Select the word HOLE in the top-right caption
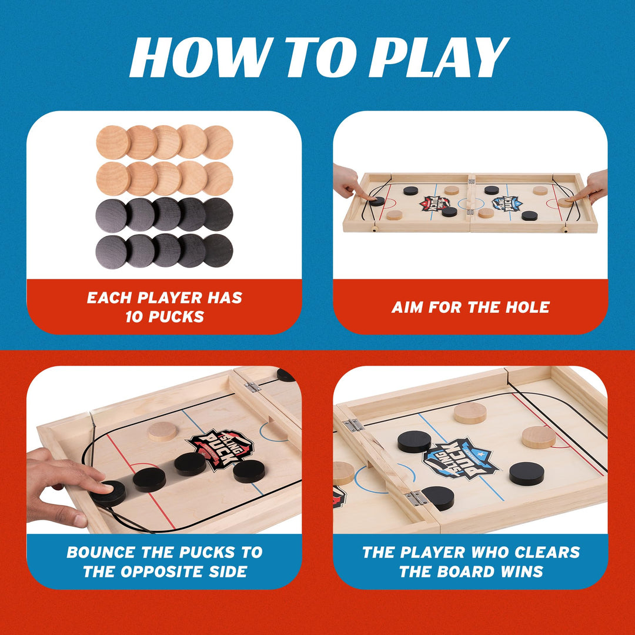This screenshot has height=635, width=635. pyautogui.click(x=526, y=307)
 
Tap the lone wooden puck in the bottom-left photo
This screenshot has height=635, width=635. pyautogui.click(x=162, y=431)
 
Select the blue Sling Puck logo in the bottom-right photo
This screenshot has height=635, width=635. pyautogui.click(x=460, y=458)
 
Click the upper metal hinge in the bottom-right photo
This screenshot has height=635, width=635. pyautogui.click(x=353, y=425)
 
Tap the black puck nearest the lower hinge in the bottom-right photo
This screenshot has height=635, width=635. pyautogui.click(x=438, y=497)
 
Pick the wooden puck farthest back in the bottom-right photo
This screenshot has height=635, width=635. pyautogui.click(x=470, y=413)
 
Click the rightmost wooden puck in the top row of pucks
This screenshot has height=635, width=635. pyautogui.click(x=218, y=142)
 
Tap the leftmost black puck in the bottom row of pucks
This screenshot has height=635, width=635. pyautogui.click(x=112, y=252)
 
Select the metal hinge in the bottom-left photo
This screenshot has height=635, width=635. pyautogui.click(x=253, y=387)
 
